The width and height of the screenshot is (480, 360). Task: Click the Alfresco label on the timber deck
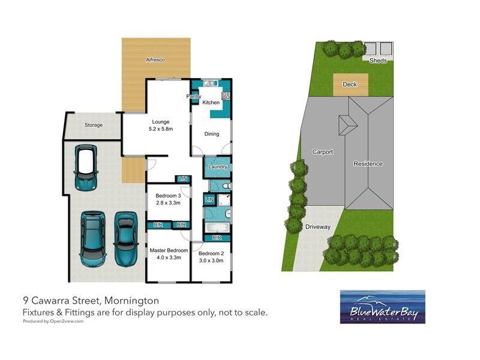click(x=155, y=59)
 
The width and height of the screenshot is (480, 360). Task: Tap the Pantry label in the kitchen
click(x=193, y=97)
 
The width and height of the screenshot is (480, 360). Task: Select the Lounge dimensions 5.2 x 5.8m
click(x=161, y=129)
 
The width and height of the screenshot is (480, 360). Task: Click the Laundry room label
click(x=218, y=167)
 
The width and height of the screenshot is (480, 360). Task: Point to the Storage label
click(x=94, y=125)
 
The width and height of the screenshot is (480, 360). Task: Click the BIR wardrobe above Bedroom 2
click(x=217, y=238)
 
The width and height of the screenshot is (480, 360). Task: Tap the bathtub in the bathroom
click(x=217, y=227)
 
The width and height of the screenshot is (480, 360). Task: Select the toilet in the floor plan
click(x=227, y=186)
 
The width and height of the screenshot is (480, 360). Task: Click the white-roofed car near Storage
click(x=86, y=168)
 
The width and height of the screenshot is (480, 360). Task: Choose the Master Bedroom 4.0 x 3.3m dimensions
click(x=169, y=257)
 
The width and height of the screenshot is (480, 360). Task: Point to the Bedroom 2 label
click(x=211, y=253)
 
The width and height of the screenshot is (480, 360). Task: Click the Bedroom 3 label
click(x=168, y=196)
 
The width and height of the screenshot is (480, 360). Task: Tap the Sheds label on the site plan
click(x=378, y=61)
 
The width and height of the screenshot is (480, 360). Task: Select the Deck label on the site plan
click(x=350, y=84)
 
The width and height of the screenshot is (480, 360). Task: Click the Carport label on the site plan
click(x=323, y=152)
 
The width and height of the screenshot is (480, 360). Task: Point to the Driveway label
click(x=318, y=227)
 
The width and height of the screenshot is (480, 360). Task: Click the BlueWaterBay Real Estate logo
click(x=383, y=307)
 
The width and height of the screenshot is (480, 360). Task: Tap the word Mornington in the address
click(x=131, y=301)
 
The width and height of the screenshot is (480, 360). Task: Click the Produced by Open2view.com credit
click(x=53, y=321)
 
